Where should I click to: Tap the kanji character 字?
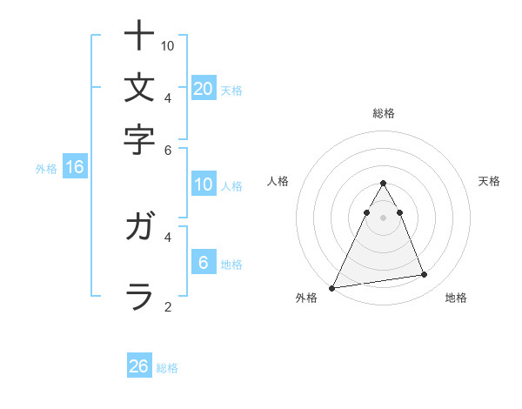click(139, 139)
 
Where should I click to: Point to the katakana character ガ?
click(139, 227)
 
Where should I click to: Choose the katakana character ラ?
click(139, 296)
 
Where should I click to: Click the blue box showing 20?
click(204, 89)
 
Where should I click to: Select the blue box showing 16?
click(75, 168)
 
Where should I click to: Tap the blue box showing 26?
click(139, 366)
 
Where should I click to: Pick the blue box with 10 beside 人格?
click(204, 184)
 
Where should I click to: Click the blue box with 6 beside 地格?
click(204, 263)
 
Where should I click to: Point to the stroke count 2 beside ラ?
click(167, 305)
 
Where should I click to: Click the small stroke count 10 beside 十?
click(169, 45)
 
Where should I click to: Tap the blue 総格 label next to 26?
click(167, 368)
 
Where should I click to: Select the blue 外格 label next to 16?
click(45, 169)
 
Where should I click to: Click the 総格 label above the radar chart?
click(383, 113)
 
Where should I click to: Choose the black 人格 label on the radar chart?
click(278, 181)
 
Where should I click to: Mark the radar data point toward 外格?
click(332, 287)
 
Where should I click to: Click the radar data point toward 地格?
click(425, 275)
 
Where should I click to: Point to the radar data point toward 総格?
click(383, 183)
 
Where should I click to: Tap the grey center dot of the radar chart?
click(383, 218)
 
